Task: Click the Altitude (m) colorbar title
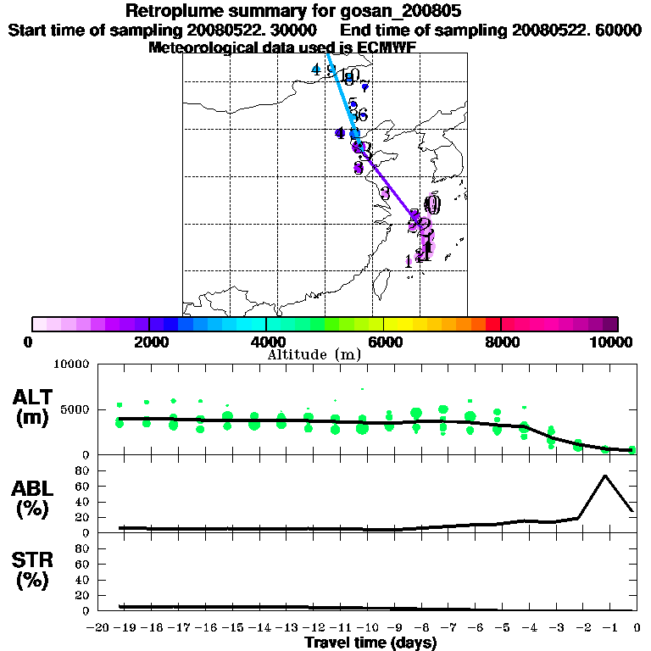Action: coord(314,354)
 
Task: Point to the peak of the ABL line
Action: coord(604,476)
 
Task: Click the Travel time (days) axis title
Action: coord(370,643)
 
